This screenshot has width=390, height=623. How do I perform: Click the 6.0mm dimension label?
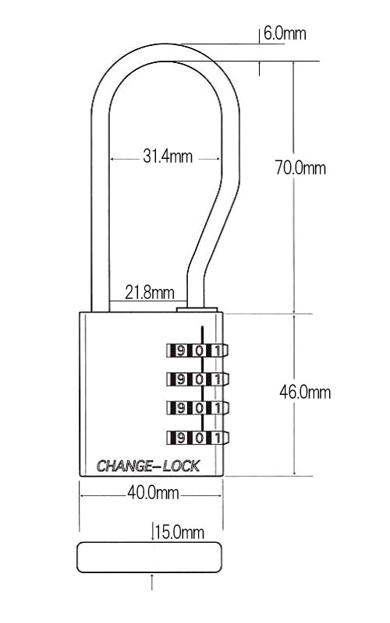(285, 33)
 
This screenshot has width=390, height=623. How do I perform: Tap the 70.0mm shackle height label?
(300, 167)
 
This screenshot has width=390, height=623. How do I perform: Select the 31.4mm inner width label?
(168, 156)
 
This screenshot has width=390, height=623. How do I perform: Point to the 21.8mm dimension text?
(150, 293)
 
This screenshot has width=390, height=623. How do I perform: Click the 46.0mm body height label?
(305, 392)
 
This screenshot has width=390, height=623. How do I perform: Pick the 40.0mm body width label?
(153, 493)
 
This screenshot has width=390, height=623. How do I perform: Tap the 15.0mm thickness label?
(180, 532)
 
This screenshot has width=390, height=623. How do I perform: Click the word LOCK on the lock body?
(181, 466)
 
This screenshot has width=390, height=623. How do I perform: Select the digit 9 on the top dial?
(181, 350)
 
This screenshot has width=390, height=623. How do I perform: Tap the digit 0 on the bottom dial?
(200, 438)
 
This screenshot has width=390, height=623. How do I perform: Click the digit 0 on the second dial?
(200, 379)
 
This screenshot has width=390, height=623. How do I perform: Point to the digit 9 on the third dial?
(181, 408)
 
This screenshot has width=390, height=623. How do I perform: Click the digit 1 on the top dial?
(218, 350)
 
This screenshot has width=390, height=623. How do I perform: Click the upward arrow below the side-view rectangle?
(152, 582)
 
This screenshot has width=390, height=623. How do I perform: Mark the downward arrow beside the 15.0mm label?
(153, 532)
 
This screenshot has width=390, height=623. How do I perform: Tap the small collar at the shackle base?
(197, 309)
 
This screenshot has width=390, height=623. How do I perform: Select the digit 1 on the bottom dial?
(218, 438)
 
